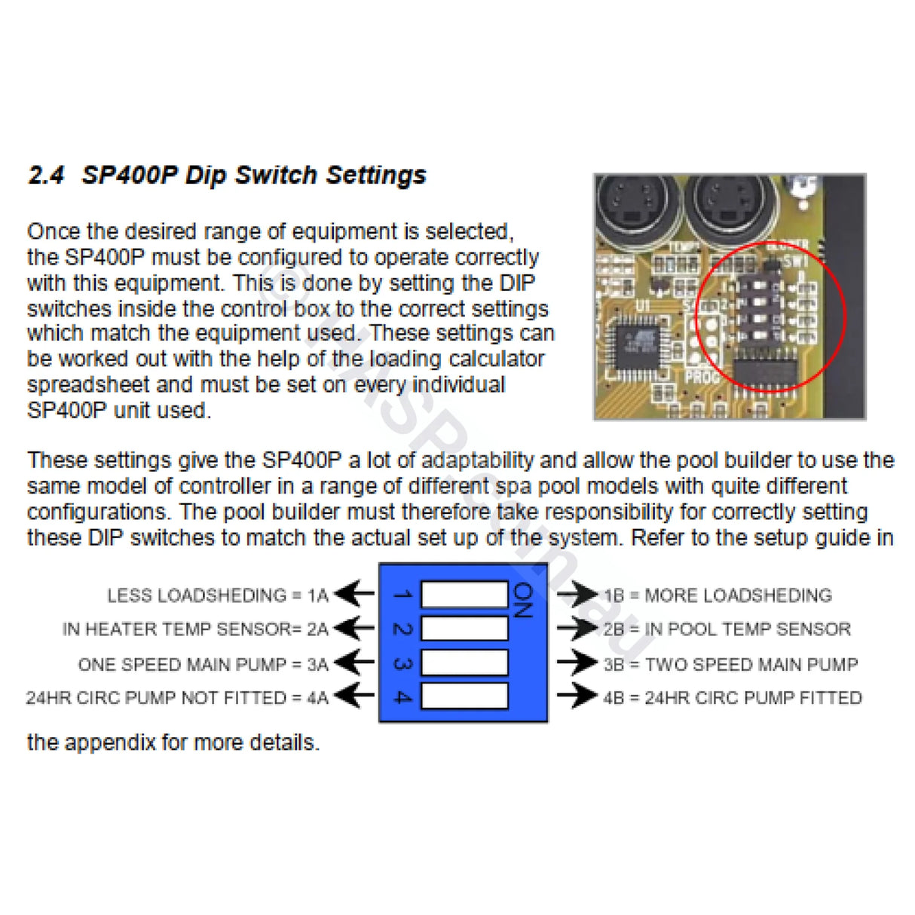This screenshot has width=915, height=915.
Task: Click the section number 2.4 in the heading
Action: pyautogui.click(x=46, y=176)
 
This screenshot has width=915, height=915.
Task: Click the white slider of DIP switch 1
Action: pyautogui.click(x=464, y=595)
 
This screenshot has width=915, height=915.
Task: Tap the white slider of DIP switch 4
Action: pyautogui.click(x=464, y=696)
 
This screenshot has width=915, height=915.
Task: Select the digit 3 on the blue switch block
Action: pyautogui.click(x=402, y=664)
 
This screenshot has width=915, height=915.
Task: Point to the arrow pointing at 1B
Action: pyautogui.click(x=577, y=595)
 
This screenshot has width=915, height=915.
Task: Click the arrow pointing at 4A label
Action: pyautogui.click(x=354, y=696)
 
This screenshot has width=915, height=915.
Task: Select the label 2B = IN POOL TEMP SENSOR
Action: pyautogui.click(x=727, y=629)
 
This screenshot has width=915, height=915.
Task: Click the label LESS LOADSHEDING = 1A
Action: pyautogui.click(x=218, y=595)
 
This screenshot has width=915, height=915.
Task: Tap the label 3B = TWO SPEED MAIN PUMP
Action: pyautogui.click(x=730, y=664)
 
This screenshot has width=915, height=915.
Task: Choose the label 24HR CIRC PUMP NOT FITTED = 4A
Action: pyautogui.click(x=177, y=698)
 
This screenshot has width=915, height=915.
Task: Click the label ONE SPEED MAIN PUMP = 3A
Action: pyautogui.click(x=204, y=664)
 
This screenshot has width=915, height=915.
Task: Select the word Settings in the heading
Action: pyautogui.click(x=376, y=176)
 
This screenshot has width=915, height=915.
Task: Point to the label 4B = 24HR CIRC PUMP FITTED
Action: pyautogui.click(x=732, y=698)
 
